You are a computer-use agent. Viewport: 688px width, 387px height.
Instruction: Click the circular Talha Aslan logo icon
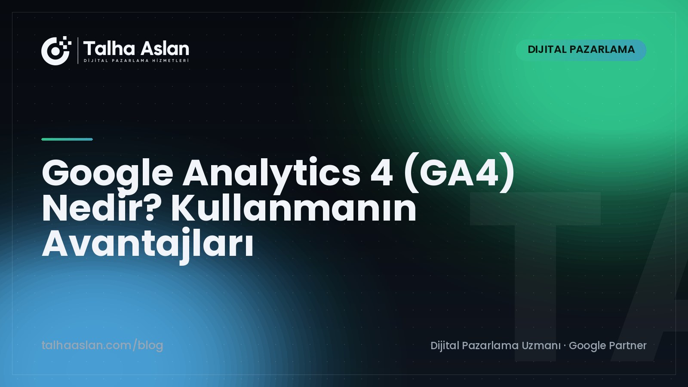55,51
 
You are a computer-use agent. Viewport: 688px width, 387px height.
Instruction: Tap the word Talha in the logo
109,49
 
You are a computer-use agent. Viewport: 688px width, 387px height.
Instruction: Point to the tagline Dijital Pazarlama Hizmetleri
136,61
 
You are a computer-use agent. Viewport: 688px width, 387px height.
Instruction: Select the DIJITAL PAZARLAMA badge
581,50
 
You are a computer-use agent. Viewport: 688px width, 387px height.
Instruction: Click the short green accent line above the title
67,139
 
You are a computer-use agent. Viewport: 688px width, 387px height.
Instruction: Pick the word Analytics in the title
271,174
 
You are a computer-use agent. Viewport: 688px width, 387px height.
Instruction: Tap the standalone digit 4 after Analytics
381,173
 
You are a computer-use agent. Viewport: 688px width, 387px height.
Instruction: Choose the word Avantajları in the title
148,245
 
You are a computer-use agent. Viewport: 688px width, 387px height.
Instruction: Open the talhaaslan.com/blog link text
102,346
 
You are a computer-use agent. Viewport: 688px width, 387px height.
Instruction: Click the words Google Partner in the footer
608,346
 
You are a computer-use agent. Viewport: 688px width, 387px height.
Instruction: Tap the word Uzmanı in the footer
541,346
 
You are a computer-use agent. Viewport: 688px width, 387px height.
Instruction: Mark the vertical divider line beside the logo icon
78,50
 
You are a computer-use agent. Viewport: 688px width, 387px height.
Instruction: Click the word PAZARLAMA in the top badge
602,49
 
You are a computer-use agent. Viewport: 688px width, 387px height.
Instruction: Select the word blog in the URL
150,346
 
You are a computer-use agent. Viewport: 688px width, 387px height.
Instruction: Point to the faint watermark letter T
535,276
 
